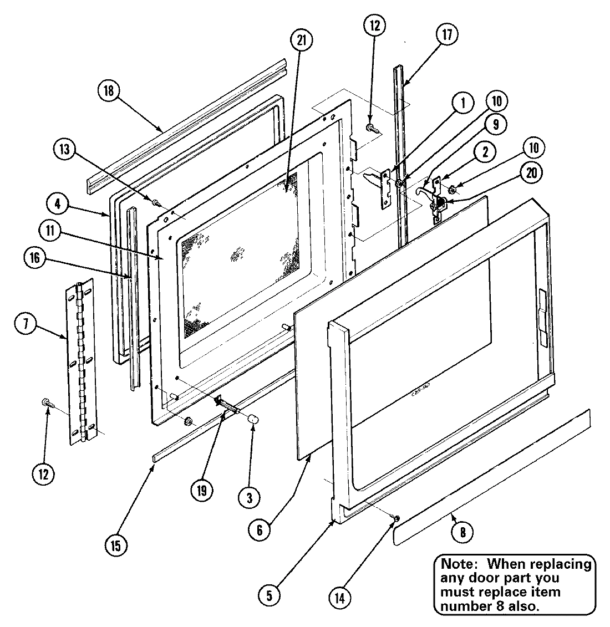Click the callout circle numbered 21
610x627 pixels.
point(302,41)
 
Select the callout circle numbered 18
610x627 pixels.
point(108,91)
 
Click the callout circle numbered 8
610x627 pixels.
point(462,532)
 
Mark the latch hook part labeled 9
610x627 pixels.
point(425,189)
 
